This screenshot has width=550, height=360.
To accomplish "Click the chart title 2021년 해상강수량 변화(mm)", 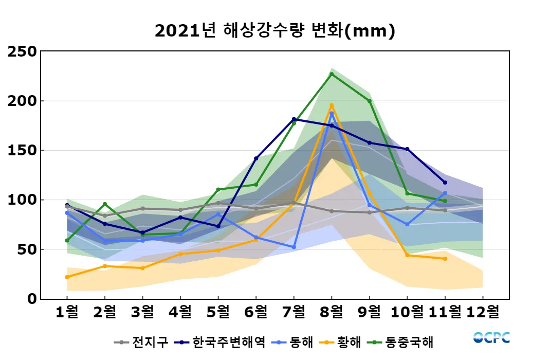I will pos(275,31).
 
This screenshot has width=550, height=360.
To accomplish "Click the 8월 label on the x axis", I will pos(332,312).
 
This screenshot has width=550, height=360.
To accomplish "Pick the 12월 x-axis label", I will pos(483,312).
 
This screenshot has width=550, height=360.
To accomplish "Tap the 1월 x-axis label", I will pos(67,312).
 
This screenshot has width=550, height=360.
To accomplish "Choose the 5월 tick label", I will pos(218,312).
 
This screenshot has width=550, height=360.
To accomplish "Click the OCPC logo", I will pos(491,338).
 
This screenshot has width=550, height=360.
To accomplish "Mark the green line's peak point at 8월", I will pos(332,74).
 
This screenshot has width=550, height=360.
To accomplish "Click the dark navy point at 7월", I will pos(294,119).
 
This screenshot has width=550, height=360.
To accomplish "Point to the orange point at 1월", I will pos(67,277).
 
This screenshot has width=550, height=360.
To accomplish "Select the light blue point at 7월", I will pos(294,247).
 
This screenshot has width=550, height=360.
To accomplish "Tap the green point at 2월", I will pos(105,204).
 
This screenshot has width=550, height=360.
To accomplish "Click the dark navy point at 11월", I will pos(445,183).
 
